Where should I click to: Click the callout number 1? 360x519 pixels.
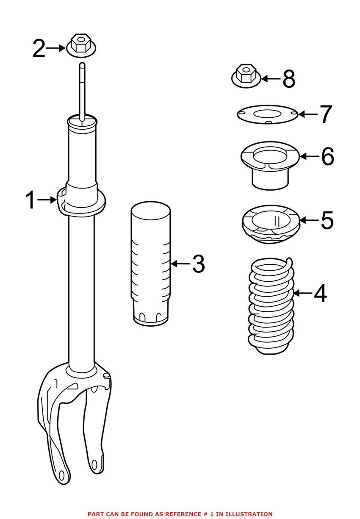[x=31, y=200]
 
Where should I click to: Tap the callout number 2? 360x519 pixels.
[x=39, y=49]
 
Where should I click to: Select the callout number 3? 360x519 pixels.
[x=198, y=264]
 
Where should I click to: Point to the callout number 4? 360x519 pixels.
[x=320, y=293]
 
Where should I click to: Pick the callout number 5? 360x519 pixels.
[x=327, y=220]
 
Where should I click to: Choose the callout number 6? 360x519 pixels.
[x=327, y=156]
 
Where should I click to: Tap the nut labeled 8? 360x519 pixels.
[x=245, y=76]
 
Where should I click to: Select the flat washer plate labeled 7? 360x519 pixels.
[x=267, y=115]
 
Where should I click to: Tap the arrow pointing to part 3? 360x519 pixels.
[x=180, y=264]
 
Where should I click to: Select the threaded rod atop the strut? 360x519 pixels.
[x=81, y=89]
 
